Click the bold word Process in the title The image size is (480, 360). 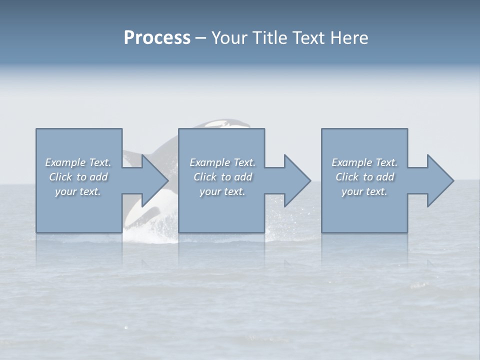(157, 38)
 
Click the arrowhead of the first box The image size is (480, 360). (153, 180)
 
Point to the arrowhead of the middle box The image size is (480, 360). (296, 180)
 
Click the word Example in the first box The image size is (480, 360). (65, 162)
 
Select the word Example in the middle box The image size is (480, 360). (209, 162)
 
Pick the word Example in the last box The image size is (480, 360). (351, 162)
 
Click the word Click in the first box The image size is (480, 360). (60, 177)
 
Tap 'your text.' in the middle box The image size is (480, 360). (222, 191)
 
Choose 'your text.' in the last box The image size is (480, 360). (364, 191)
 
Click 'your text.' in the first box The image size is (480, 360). (77, 191)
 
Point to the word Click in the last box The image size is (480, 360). (347, 177)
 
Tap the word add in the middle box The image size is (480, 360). (243, 177)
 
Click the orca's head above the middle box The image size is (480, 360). (225, 123)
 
